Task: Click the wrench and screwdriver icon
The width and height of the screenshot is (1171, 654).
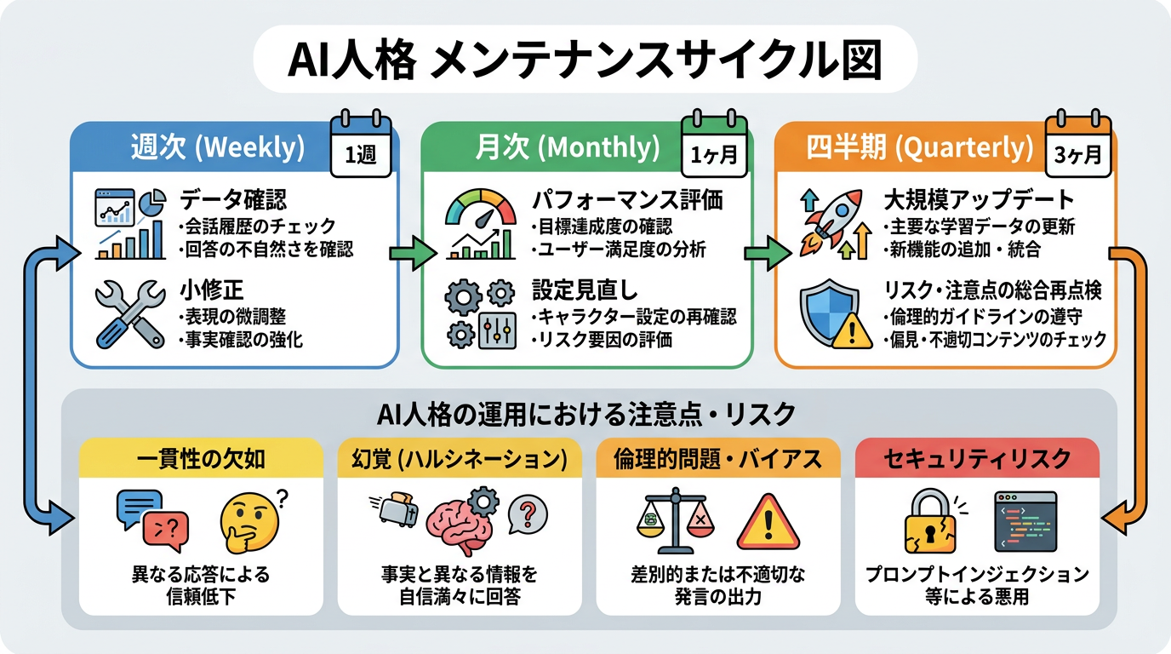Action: pyautogui.click(x=129, y=313)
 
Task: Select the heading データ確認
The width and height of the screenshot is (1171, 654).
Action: pyautogui.click(x=233, y=199)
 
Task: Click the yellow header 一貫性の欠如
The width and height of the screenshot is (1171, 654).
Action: pyautogui.click(x=201, y=460)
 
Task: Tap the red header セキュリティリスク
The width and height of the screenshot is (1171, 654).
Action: pyautogui.click(x=976, y=460)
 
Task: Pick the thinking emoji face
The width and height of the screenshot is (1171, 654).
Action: pyautogui.click(x=248, y=523)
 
